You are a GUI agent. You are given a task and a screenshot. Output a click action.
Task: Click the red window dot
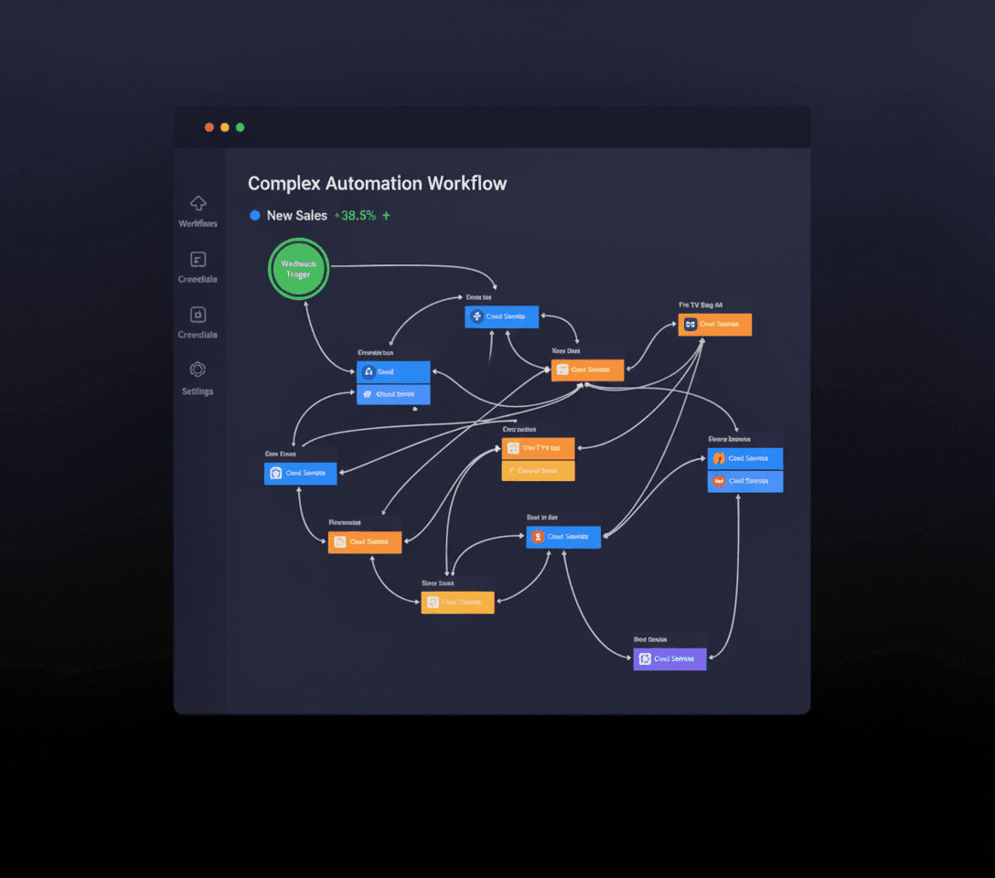coord(209,127)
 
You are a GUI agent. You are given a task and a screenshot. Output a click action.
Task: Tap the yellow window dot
coord(225,127)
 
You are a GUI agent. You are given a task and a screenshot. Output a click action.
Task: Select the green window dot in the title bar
coord(241,127)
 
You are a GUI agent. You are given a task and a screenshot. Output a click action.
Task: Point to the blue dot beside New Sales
coord(255,216)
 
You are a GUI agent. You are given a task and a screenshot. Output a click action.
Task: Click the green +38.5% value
coord(355,216)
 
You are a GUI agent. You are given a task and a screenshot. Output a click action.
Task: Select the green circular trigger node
coord(298,269)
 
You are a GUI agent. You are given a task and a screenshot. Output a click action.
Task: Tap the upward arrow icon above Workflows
coord(198,203)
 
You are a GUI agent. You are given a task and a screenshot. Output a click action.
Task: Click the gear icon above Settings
coord(198,369)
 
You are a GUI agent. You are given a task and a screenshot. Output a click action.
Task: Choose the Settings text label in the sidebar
coord(198,391)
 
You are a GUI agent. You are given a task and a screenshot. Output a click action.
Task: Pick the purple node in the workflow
coord(669,658)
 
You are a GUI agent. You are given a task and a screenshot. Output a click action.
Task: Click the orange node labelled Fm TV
coord(714,324)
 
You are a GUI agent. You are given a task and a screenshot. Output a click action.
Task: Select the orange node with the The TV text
coord(538,448)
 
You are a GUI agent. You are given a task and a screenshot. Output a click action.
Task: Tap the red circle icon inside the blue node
coord(538,537)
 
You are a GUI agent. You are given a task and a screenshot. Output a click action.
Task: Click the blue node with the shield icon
coord(301,473)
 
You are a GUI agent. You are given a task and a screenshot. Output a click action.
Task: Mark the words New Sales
coord(296,216)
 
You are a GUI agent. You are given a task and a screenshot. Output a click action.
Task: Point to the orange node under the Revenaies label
coord(364,541)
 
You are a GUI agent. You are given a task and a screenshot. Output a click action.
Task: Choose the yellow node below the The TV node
coord(538,471)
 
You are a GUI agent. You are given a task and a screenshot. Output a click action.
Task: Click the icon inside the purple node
coord(645,658)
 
